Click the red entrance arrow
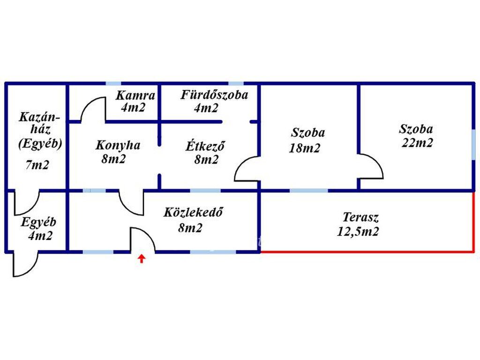coord(141,258)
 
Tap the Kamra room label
coord(135,96)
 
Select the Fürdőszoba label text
coord(214,95)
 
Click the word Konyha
coord(118,145)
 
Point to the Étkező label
coord(205,146)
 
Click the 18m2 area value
coord(305,148)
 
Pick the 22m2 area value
coord(417,142)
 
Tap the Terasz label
coord(360,217)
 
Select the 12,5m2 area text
coord(358,232)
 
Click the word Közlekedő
coord(193,212)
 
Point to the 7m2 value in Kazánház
coord(37,165)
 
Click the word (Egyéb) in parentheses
coord(40,143)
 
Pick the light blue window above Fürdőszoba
coord(236,83)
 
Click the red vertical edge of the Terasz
coord(473,221)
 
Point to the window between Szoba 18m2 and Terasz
coord(309,191)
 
